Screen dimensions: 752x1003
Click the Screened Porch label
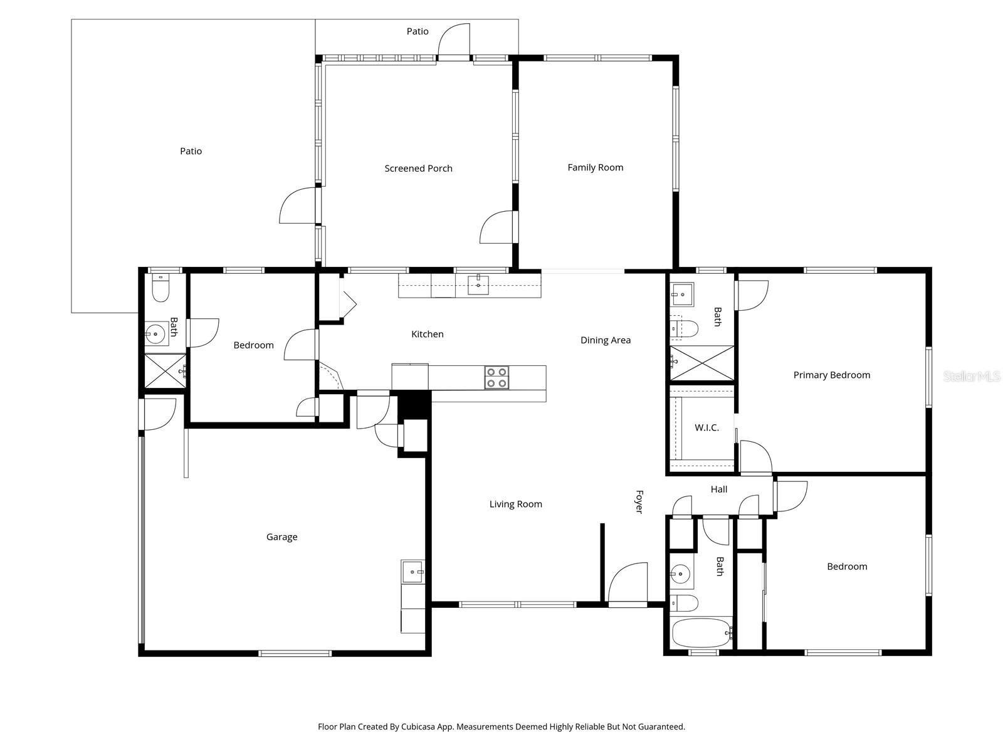[418, 168]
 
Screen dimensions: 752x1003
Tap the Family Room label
[595, 167]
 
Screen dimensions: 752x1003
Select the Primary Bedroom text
[831, 375]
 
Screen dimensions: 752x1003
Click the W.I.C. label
[706, 428]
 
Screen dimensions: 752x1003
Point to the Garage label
[281, 537]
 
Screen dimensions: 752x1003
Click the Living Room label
[515, 504]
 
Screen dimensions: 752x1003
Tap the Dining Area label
[605, 340]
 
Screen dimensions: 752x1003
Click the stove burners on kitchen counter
[496, 378]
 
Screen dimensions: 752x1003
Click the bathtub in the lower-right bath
[701, 633]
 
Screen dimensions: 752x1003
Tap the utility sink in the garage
[412, 572]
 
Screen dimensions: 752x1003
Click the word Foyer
[639, 502]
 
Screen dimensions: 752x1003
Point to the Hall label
[719, 489]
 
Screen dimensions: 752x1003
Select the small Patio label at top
[417, 31]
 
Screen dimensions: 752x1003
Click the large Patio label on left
[191, 151]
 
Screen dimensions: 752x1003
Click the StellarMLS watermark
[971, 377]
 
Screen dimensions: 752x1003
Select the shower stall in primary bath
[701, 363]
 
